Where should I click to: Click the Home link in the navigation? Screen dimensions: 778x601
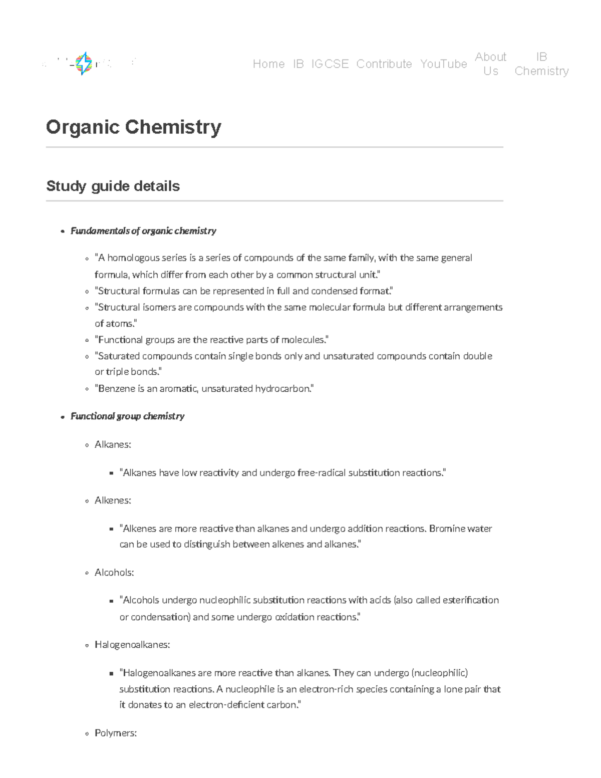click(268, 64)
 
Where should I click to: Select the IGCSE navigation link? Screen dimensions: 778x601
click(330, 64)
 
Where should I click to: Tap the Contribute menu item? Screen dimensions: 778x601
click(384, 64)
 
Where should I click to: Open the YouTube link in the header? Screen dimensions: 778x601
click(443, 64)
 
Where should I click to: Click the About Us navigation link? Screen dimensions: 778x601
click(490, 64)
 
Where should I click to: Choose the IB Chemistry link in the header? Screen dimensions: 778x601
click(541, 64)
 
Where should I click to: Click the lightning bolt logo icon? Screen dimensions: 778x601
click(84, 64)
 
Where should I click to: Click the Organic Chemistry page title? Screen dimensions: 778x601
click(133, 127)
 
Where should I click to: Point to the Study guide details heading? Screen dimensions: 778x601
click(113, 186)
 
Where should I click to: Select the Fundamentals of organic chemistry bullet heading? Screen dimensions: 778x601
click(143, 231)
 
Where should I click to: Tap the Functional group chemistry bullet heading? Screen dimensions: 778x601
click(127, 416)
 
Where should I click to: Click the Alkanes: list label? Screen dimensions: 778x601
click(113, 444)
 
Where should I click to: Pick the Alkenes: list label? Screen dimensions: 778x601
click(113, 500)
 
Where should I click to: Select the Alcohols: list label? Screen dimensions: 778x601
click(114, 573)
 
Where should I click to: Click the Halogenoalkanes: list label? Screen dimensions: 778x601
click(132, 645)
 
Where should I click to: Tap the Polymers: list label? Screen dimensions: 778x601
click(116, 733)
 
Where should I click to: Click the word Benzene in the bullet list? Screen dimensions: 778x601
click(114, 389)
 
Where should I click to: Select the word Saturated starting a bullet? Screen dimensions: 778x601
click(119, 356)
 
